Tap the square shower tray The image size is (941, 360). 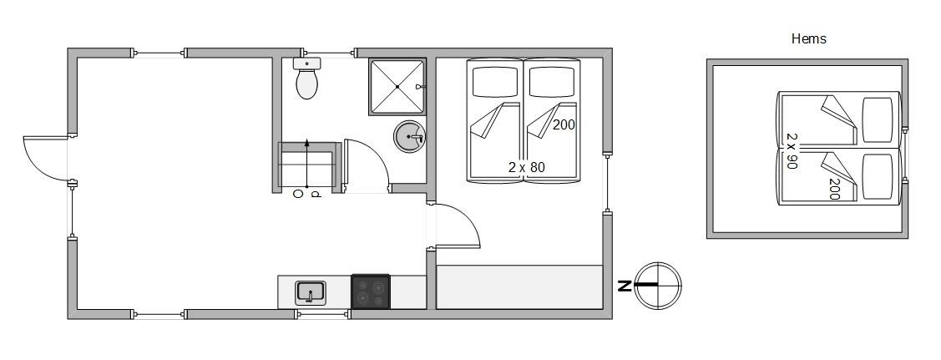[397, 86]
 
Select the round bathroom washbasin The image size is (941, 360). [409, 137]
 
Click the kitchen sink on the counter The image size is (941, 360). [311, 293]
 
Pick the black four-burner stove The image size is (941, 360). [370, 292]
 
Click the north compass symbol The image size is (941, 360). [657, 286]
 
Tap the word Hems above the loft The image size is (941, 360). [808, 39]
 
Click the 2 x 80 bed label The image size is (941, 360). [526, 167]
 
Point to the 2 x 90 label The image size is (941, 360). [792, 150]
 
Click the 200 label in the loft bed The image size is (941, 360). [834, 189]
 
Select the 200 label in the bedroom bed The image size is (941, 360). [564, 124]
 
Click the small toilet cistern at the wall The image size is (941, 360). [307, 63]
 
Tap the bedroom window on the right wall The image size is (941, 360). [607, 184]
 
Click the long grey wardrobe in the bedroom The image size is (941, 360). [519, 286]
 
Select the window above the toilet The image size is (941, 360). [331, 53]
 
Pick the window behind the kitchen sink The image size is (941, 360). [322, 314]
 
